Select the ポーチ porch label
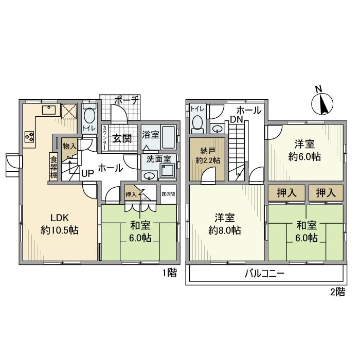click(x=125, y=101)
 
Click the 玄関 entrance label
click(x=122, y=137)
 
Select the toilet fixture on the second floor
click(x=197, y=122)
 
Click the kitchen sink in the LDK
click(x=49, y=109)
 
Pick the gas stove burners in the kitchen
click(x=29, y=137)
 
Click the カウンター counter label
click(x=105, y=138)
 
